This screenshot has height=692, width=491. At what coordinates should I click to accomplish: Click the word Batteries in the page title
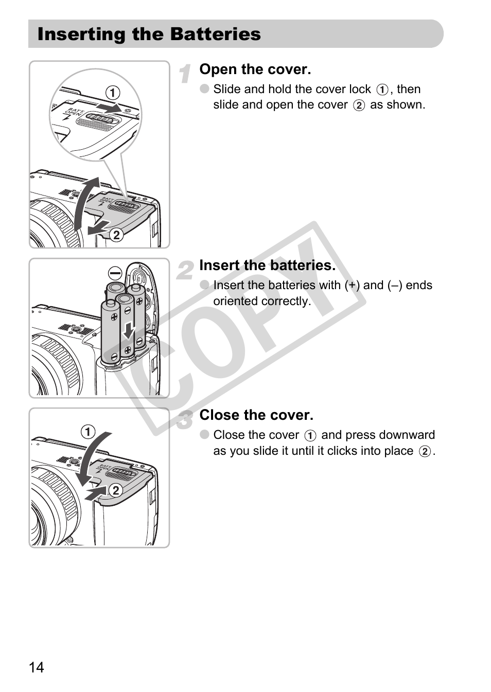[x=215, y=34]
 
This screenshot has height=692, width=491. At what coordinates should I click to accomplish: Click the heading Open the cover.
[x=255, y=69]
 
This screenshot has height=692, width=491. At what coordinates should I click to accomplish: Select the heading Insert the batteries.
[x=268, y=265]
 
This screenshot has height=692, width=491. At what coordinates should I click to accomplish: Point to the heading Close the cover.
[x=256, y=415]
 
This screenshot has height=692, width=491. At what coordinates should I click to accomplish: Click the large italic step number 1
[x=185, y=74]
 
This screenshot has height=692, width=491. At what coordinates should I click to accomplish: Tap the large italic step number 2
[x=185, y=270]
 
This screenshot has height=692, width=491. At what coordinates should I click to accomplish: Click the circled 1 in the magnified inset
[x=113, y=93]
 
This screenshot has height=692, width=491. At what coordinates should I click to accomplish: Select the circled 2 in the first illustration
[x=116, y=235]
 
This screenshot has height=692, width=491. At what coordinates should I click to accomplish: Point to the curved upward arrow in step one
[x=85, y=204]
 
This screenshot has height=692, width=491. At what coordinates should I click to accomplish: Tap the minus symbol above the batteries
[x=115, y=273]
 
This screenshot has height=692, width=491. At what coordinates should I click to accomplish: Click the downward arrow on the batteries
[x=128, y=330]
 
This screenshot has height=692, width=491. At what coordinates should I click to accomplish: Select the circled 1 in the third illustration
[x=88, y=432]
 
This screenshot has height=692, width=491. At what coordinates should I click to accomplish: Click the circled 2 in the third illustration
[x=116, y=490]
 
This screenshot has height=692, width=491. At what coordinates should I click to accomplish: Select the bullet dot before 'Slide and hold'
[x=204, y=89]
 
